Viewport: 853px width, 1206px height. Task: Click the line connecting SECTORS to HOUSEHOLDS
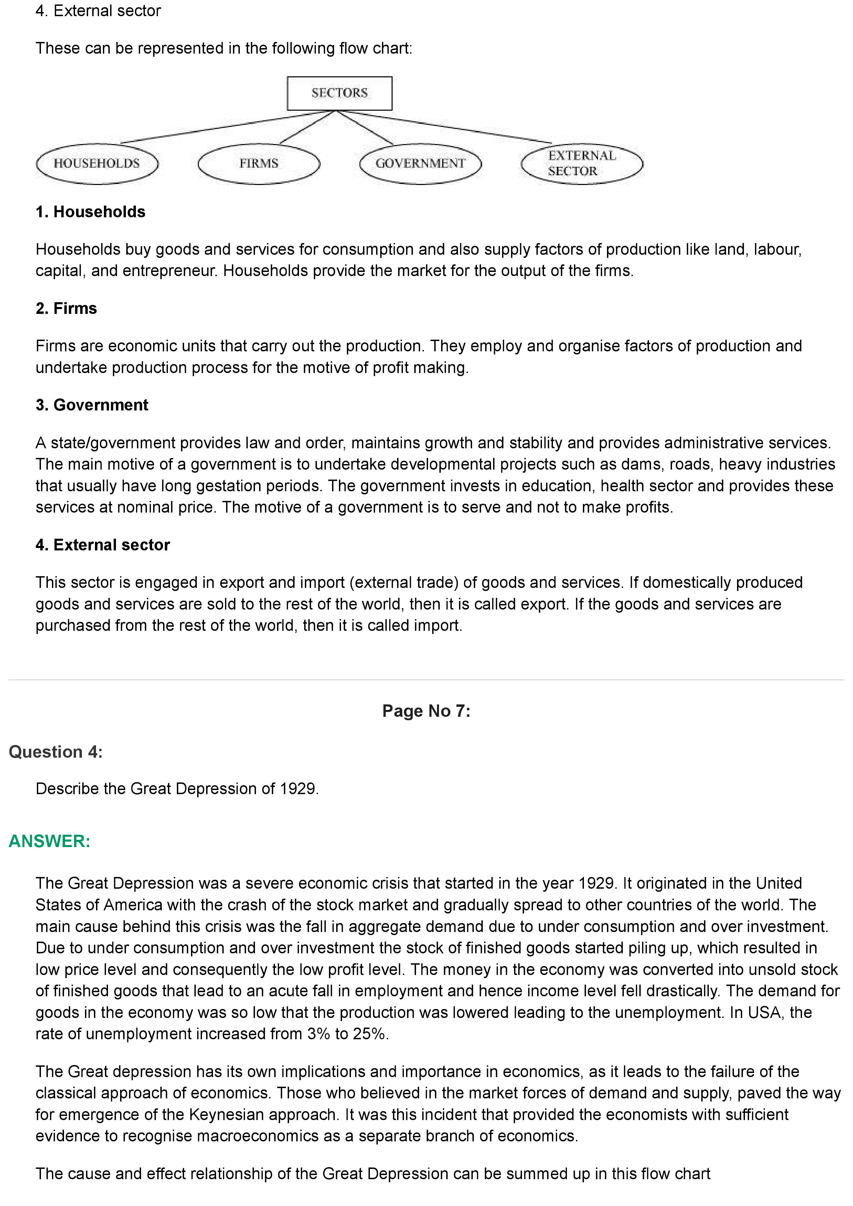(x=226, y=127)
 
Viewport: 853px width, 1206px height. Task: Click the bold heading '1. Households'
(x=90, y=212)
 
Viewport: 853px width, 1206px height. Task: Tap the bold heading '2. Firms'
(x=66, y=308)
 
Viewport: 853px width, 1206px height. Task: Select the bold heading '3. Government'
(x=92, y=405)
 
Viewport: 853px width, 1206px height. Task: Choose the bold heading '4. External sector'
(x=103, y=545)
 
